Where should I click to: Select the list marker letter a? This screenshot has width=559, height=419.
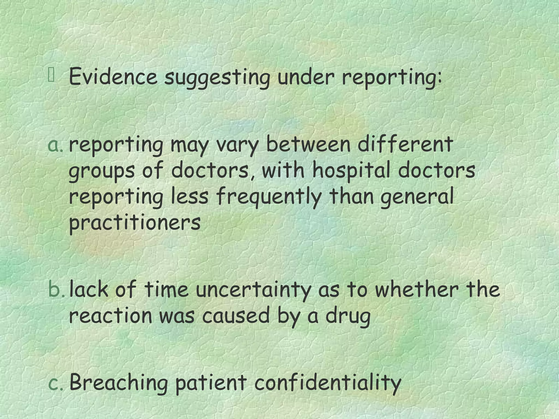[56, 146]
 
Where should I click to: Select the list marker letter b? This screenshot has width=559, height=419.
[56, 290]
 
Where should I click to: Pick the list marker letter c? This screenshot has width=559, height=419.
[56, 383]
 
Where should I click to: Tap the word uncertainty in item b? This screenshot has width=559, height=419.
[253, 290]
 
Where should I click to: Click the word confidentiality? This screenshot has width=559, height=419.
[328, 383]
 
